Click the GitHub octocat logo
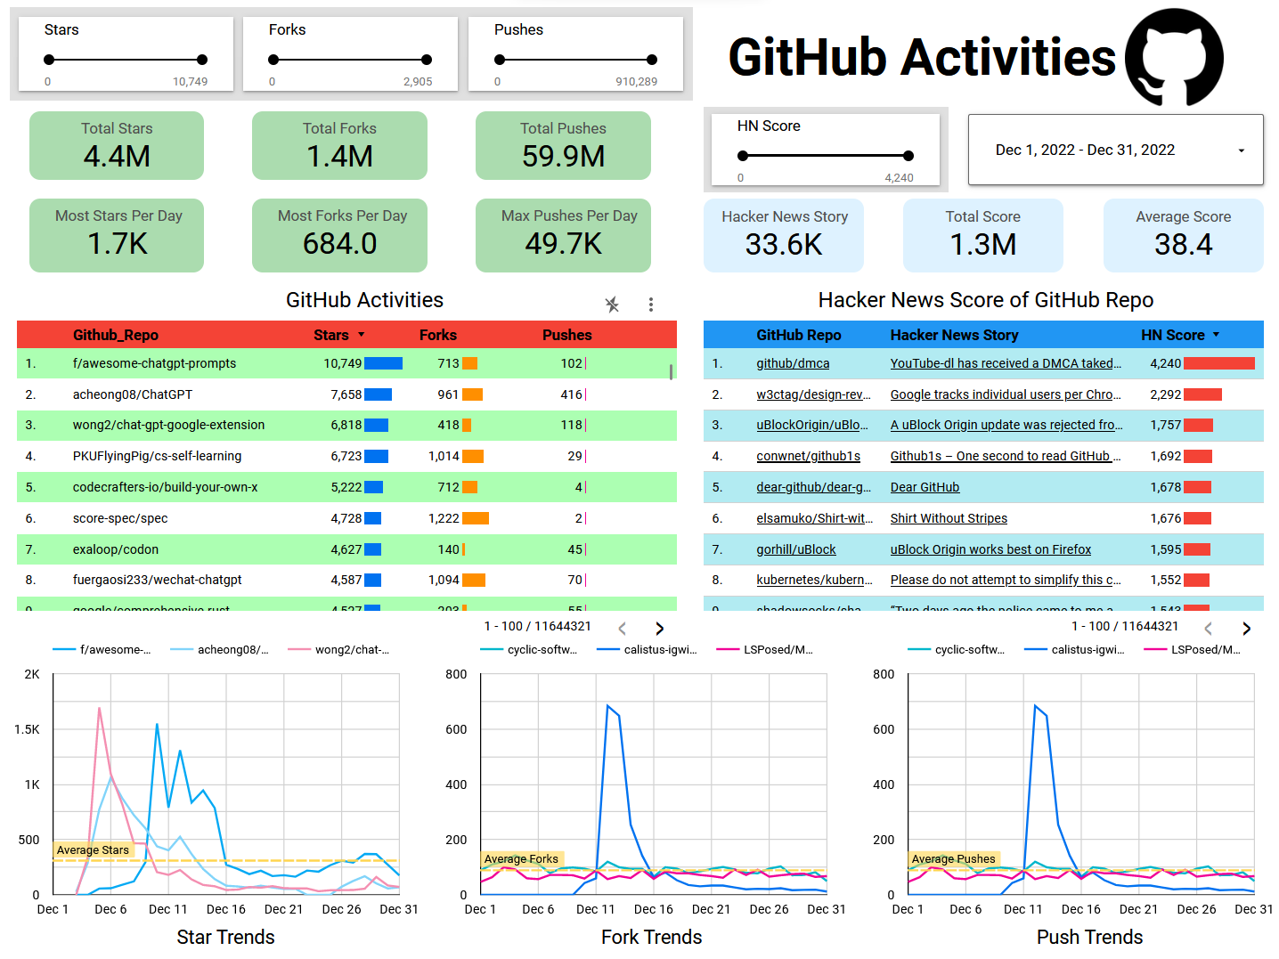click(1174, 58)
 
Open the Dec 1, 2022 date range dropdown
click(1115, 150)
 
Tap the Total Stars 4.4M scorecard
click(117, 146)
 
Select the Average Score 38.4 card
click(1183, 235)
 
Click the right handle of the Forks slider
click(427, 60)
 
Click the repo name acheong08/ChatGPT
click(132, 394)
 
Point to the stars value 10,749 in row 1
click(342, 363)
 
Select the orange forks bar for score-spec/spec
click(476, 518)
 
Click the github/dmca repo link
click(793, 363)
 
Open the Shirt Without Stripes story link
click(949, 518)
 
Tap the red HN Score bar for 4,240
click(1218, 363)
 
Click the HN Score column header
click(1172, 335)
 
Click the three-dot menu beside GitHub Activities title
click(651, 305)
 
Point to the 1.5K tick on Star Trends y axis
click(27, 729)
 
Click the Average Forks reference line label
click(521, 859)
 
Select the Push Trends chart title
click(1089, 937)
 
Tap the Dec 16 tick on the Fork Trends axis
click(653, 909)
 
